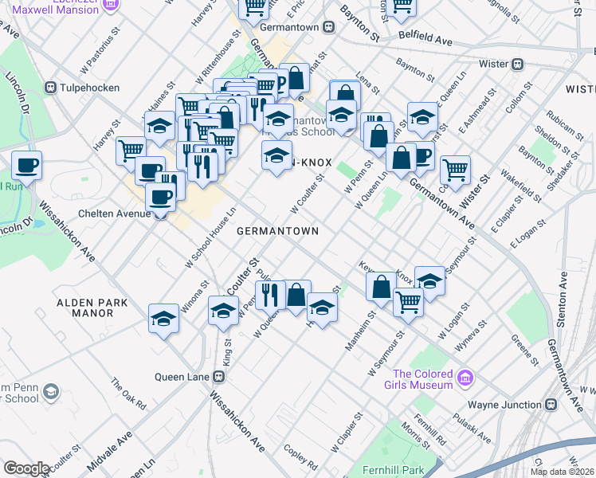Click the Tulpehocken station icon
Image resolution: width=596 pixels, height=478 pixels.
pos(51,87)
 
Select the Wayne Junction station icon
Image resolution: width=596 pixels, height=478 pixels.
pos(550,405)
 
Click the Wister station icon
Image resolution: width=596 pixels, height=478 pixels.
pos(517,63)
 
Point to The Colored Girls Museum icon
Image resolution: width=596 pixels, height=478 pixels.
pos(465,374)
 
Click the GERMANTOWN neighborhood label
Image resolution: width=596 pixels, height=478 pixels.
pos(277,231)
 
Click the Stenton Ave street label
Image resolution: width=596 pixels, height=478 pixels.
pos(563,300)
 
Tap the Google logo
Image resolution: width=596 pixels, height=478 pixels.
pos(26,468)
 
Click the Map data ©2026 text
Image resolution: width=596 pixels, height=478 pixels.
pos(563,472)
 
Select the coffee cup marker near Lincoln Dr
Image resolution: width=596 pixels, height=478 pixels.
pos(26,167)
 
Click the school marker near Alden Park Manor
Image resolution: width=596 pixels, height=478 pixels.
pos(164,319)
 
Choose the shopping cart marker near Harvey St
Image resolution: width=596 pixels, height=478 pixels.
pos(131,151)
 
